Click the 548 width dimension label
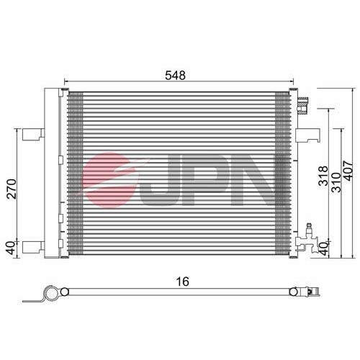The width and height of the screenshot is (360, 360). click(175, 76)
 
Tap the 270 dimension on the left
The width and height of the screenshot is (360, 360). click(12, 189)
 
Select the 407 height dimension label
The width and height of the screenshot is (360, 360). click(348, 171)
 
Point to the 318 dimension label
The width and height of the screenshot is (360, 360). click(323, 176)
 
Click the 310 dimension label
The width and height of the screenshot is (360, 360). click(336, 182)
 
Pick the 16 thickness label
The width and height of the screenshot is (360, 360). click(183, 282)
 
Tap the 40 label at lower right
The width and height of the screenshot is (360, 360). click(323, 249)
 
